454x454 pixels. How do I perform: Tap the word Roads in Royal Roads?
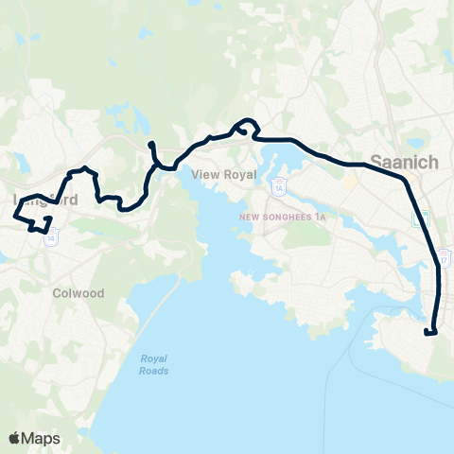coord(154,371)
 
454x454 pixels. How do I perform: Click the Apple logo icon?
coord(14,438)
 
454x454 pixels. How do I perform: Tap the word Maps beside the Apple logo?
coord(41,438)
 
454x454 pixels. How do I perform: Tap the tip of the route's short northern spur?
coord(150,144)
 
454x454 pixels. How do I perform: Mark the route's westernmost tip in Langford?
coord(14,217)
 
